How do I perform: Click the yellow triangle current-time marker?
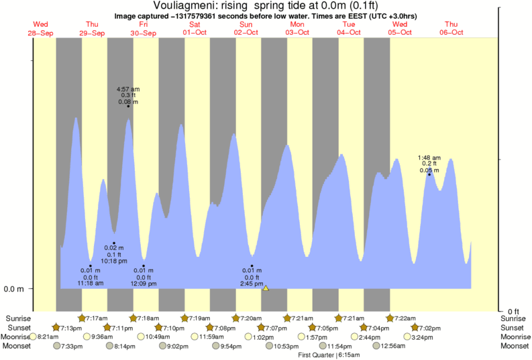click(266, 288)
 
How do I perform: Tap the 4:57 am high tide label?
click(127, 89)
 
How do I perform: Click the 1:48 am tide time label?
click(429, 158)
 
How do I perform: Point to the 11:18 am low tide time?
click(90, 283)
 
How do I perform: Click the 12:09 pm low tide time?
click(144, 283)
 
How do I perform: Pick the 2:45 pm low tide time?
click(252, 283)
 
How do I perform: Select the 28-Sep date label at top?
click(41, 33)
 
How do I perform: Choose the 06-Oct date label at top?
click(451, 33)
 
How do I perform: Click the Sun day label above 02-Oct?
click(246, 25)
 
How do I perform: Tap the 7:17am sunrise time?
click(93, 318)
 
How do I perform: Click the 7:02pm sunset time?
click(429, 327)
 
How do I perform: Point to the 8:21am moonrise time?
click(49, 337)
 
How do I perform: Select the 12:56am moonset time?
click(393, 346)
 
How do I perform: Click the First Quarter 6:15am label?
click(329, 355)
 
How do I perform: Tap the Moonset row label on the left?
click(16, 346)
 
